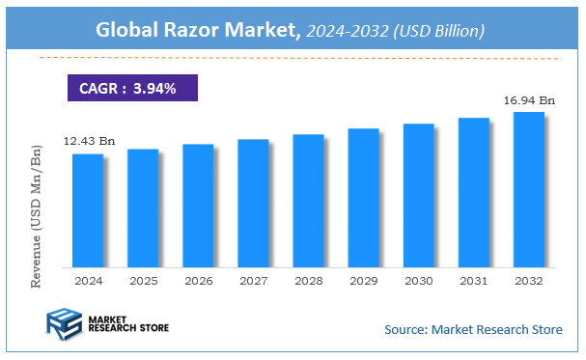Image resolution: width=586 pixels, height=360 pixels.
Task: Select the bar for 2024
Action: [x=87, y=210]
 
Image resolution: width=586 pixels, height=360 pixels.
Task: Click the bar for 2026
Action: [x=198, y=206]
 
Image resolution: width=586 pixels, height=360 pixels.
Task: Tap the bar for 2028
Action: [x=308, y=201]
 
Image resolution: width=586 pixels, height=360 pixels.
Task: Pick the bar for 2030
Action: [x=419, y=195]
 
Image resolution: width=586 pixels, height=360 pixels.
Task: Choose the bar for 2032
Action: [x=529, y=189]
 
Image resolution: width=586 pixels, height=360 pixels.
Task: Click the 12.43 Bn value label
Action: [x=89, y=142]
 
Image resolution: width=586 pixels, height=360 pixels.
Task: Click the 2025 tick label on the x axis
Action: [x=143, y=281]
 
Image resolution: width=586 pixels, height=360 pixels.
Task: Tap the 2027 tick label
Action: [x=253, y=281]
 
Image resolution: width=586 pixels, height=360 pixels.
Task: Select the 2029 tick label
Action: [x=364, y=281]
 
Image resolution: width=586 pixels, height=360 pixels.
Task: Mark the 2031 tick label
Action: [x=474, y=281]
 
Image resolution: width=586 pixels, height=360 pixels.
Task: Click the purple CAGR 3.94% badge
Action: [x=131, y=89]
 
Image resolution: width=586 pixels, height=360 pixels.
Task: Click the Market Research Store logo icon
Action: [x=62, y=326]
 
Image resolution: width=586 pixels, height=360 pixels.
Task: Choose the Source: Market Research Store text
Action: [x=473, y=330]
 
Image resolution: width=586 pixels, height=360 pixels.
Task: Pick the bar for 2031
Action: [x=474, y=192]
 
